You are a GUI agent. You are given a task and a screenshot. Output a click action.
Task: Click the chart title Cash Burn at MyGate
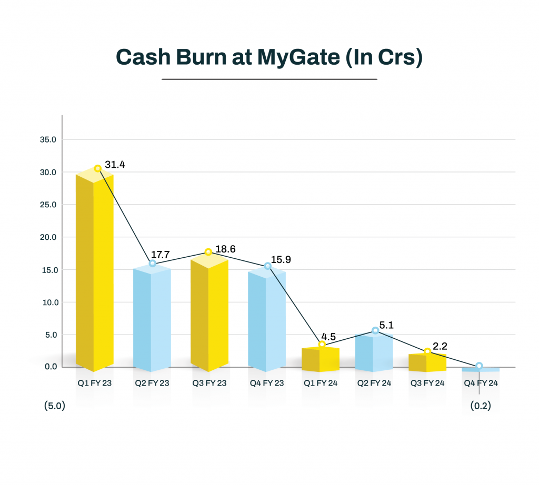coord(269,57)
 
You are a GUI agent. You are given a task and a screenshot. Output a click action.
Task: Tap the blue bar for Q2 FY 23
coord(152,318)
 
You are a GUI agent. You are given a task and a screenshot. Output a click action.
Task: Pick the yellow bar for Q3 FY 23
coord(209,313)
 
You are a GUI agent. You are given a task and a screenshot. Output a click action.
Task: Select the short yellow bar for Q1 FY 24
coord(321,359)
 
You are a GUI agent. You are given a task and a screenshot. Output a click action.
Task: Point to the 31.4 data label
coord(115,165)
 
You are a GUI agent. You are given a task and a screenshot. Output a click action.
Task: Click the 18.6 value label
coord(225,249)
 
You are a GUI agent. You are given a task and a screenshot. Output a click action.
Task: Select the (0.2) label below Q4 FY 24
coord(480,407)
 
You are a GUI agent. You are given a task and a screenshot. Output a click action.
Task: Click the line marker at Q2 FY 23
coord(153,263)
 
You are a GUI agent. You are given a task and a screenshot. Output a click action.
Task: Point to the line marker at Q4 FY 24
coord(479,366)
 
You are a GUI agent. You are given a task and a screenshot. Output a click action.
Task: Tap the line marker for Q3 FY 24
coord(427,351)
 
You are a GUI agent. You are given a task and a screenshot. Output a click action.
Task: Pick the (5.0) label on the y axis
coord(54,407)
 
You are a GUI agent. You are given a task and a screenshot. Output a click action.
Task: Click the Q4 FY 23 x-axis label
coord(267,383)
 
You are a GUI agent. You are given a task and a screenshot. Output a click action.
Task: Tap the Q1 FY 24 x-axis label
coord(321,383)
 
